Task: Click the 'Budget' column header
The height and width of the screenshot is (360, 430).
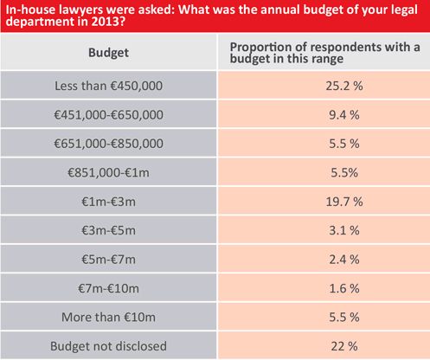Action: point(108,53)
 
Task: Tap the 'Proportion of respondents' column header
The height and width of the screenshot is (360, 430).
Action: point(324,53)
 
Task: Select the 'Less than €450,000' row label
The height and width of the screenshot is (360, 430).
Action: point(108,86)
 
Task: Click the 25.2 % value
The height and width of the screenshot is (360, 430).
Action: point(344,86)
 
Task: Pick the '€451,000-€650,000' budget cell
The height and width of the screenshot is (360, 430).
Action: point(108,115)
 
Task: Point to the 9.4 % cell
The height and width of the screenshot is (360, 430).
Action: point(344,115)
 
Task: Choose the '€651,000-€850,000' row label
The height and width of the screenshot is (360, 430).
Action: point(108,144)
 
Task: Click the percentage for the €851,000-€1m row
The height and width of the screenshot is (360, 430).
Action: point(344,172)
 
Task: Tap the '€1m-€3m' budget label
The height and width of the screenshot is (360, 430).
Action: point(108,202)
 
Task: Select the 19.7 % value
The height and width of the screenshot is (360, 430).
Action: point(344,202)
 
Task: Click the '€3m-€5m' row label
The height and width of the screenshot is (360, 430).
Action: point(108,230)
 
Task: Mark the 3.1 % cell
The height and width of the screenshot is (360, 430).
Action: point(344,230)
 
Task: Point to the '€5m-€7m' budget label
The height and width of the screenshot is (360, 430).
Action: point(108,260)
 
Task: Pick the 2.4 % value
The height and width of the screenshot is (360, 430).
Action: point(344,260)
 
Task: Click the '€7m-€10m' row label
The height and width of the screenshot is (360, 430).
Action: point(108,288)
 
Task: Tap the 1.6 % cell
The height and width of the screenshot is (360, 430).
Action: point(344,288)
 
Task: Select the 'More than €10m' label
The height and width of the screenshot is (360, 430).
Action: point(108,318)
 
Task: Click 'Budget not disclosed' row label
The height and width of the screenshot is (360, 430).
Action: point(108,346)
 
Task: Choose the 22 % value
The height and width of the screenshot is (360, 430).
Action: point(344,346)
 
